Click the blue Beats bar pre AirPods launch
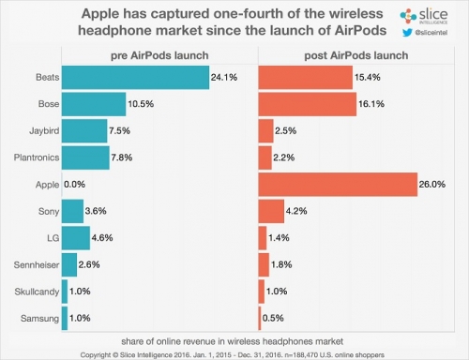[136, 75]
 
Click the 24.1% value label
[226, 76]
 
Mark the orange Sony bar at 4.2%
[270, 211]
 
